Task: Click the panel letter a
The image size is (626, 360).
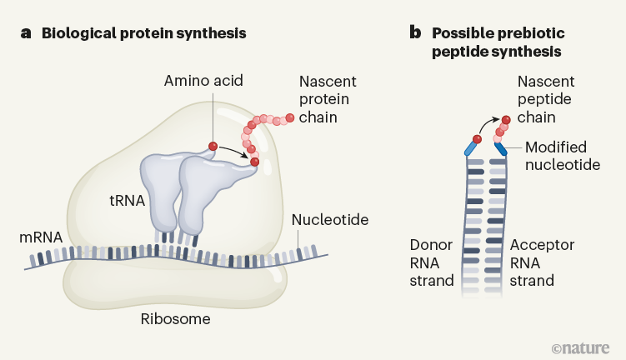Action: (x=26, y=34)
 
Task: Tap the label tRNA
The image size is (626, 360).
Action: (x=128, y=201)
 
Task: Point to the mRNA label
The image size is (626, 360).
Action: (x=42, y=237)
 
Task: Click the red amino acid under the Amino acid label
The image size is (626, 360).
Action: (x=213, y=147)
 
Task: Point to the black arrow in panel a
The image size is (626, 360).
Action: (x=234, y=151)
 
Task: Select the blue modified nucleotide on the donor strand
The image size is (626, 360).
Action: (x=471, y=149)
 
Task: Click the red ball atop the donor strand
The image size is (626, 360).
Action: (x=478, y=137)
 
